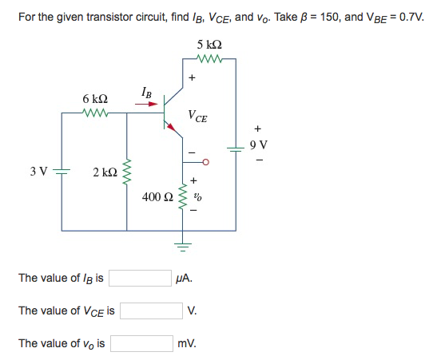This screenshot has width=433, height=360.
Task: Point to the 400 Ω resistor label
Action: (x=156, y=196)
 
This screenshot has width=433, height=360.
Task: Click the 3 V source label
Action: (x=37, y=170)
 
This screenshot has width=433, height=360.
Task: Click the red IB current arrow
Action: (x=147, y=104)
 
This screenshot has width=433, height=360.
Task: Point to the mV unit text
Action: (x=188, y=343)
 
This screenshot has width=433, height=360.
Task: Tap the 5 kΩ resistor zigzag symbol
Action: (x=209, y=57)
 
